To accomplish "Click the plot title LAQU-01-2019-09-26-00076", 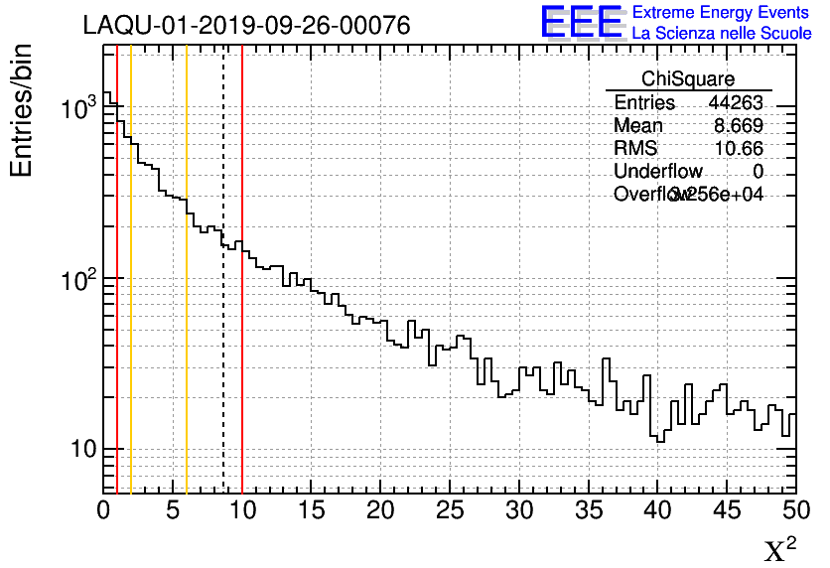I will click(246, 26).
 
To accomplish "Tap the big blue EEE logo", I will click(583, 23).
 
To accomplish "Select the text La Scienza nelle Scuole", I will click(722, 34).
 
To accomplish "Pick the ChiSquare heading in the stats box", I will click(688, 78).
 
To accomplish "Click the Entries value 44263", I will click(736, 103).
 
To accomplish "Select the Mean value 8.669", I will click(739, 126).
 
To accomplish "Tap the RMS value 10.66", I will click(741, 149).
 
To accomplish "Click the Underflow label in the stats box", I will click(658, 172).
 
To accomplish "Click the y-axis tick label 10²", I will click(78, 281).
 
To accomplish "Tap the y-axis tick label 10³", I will click(78, 110).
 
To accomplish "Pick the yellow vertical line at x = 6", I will click(187, 298).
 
